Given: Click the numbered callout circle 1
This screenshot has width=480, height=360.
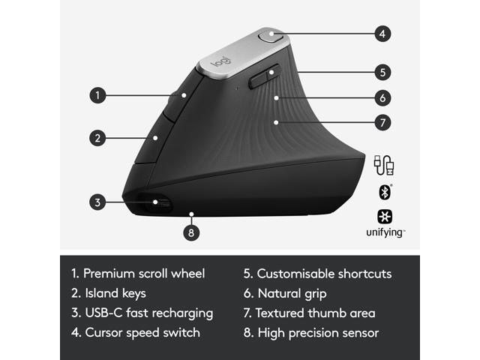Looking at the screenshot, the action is click(x=97, y=95).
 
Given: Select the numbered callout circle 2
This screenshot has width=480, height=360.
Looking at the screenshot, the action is click(x=97, y=137).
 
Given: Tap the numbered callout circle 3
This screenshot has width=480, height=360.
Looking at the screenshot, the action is click(x=97, y=201).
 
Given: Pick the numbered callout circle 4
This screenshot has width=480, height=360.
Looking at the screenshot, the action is click(x=382, y=33).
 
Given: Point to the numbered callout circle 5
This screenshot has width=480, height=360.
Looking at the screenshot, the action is click(x=382, y=73).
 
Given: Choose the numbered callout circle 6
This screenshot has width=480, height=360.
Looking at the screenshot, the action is click(x=382, y=97).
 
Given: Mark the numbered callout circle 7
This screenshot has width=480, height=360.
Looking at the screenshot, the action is click(x=382, y=121).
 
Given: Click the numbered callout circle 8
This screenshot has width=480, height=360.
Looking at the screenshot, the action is click(x=192, y=232).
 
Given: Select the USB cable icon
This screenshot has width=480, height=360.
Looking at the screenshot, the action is click(x=385, y=164).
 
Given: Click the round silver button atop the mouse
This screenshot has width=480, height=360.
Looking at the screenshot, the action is click(x=270, y=34).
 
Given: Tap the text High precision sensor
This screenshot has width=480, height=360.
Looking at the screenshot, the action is click(x=317, y=332).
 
